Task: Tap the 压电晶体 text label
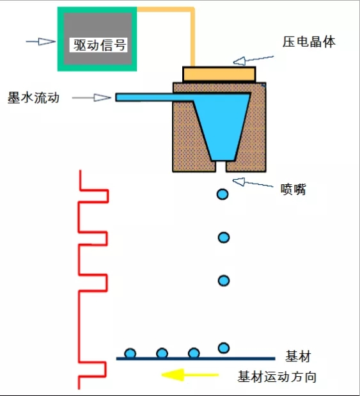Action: [309, 42]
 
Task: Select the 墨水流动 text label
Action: [33, 99]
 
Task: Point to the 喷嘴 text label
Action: [293, 189]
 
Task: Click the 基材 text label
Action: [299, 356]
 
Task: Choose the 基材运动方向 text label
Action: [277, 377]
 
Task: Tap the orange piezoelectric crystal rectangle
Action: [219, 74]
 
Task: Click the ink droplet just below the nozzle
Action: [222, 194]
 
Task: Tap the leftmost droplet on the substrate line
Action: [130, 353]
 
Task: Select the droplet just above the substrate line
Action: [223, 348]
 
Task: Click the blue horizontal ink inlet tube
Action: [147, 97]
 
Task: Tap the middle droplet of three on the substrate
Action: [162, 353]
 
